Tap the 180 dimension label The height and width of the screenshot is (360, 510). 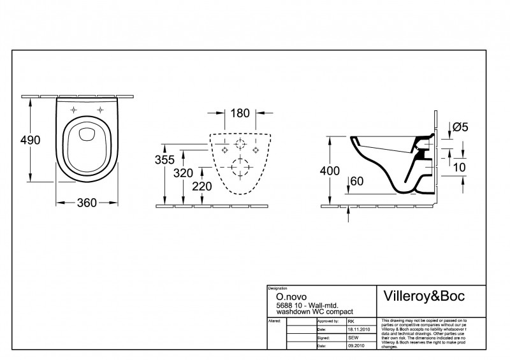pyautogui.click(x=240, y=113)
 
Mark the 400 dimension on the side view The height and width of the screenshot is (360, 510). pyautogui.click(x=329, y=170)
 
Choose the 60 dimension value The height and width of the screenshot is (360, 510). pyautogui.click(x=358, y=182)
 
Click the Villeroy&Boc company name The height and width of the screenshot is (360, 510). pyautogui.click(x=423, y=296)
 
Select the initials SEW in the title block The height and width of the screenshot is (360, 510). pyautogui.click(x=353, y=338)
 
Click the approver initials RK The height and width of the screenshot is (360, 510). pyautogui.click(x=351, y=322)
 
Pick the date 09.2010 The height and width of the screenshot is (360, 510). pyautogui.click(x=356, y=346)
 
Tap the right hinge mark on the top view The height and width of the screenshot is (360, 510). pyautogui.click(x=100, y=110)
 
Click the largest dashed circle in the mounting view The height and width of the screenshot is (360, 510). pyautogui.click(x=240, y=167)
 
